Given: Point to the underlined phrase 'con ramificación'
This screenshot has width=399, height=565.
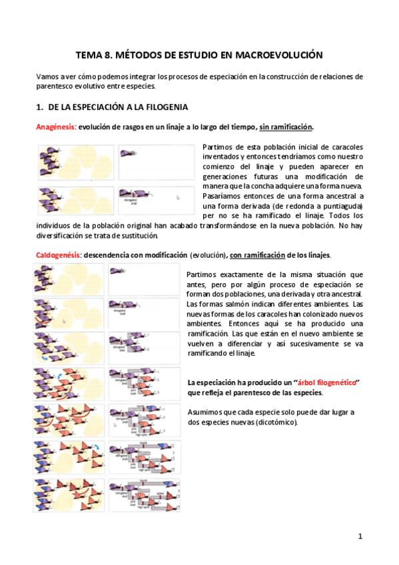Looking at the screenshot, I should [x=260, y=256].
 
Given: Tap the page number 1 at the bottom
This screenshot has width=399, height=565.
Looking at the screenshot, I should [x=360, y=536].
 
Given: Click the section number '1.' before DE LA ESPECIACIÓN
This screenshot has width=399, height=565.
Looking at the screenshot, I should [x=39, y=107].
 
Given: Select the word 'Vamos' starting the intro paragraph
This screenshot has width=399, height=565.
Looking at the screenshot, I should [x=47, y=77].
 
